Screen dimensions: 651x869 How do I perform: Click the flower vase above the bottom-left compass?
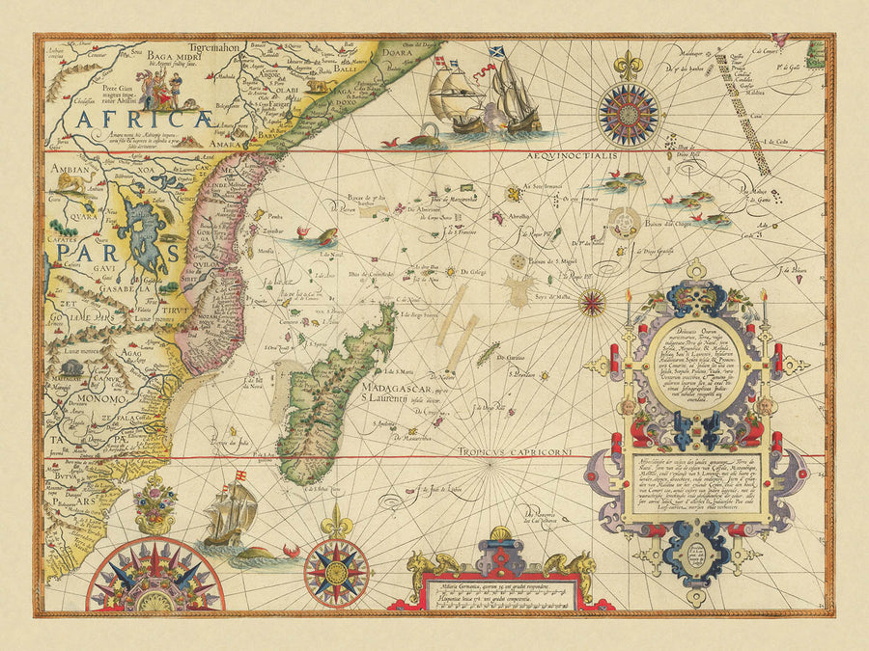click(154, 502)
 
